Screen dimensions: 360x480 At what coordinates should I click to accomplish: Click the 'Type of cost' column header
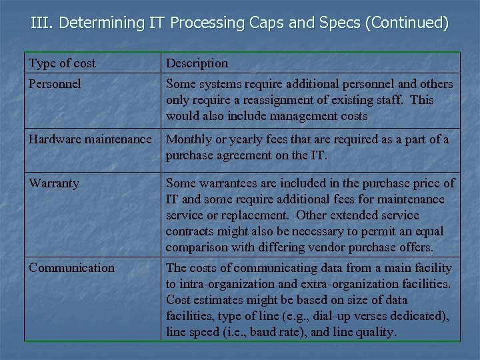[x=62, y=63]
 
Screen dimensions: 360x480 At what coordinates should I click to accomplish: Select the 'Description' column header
[x=197, y=63]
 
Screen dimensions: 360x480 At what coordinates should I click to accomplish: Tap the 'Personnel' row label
[x=55, y=84]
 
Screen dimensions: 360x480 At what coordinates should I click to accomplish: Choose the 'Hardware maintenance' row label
[x=90, y=139]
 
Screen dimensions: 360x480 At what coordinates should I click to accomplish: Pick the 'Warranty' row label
[x=54, y=183]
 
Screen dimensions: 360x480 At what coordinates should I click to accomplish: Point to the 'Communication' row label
[x=71, y=268]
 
